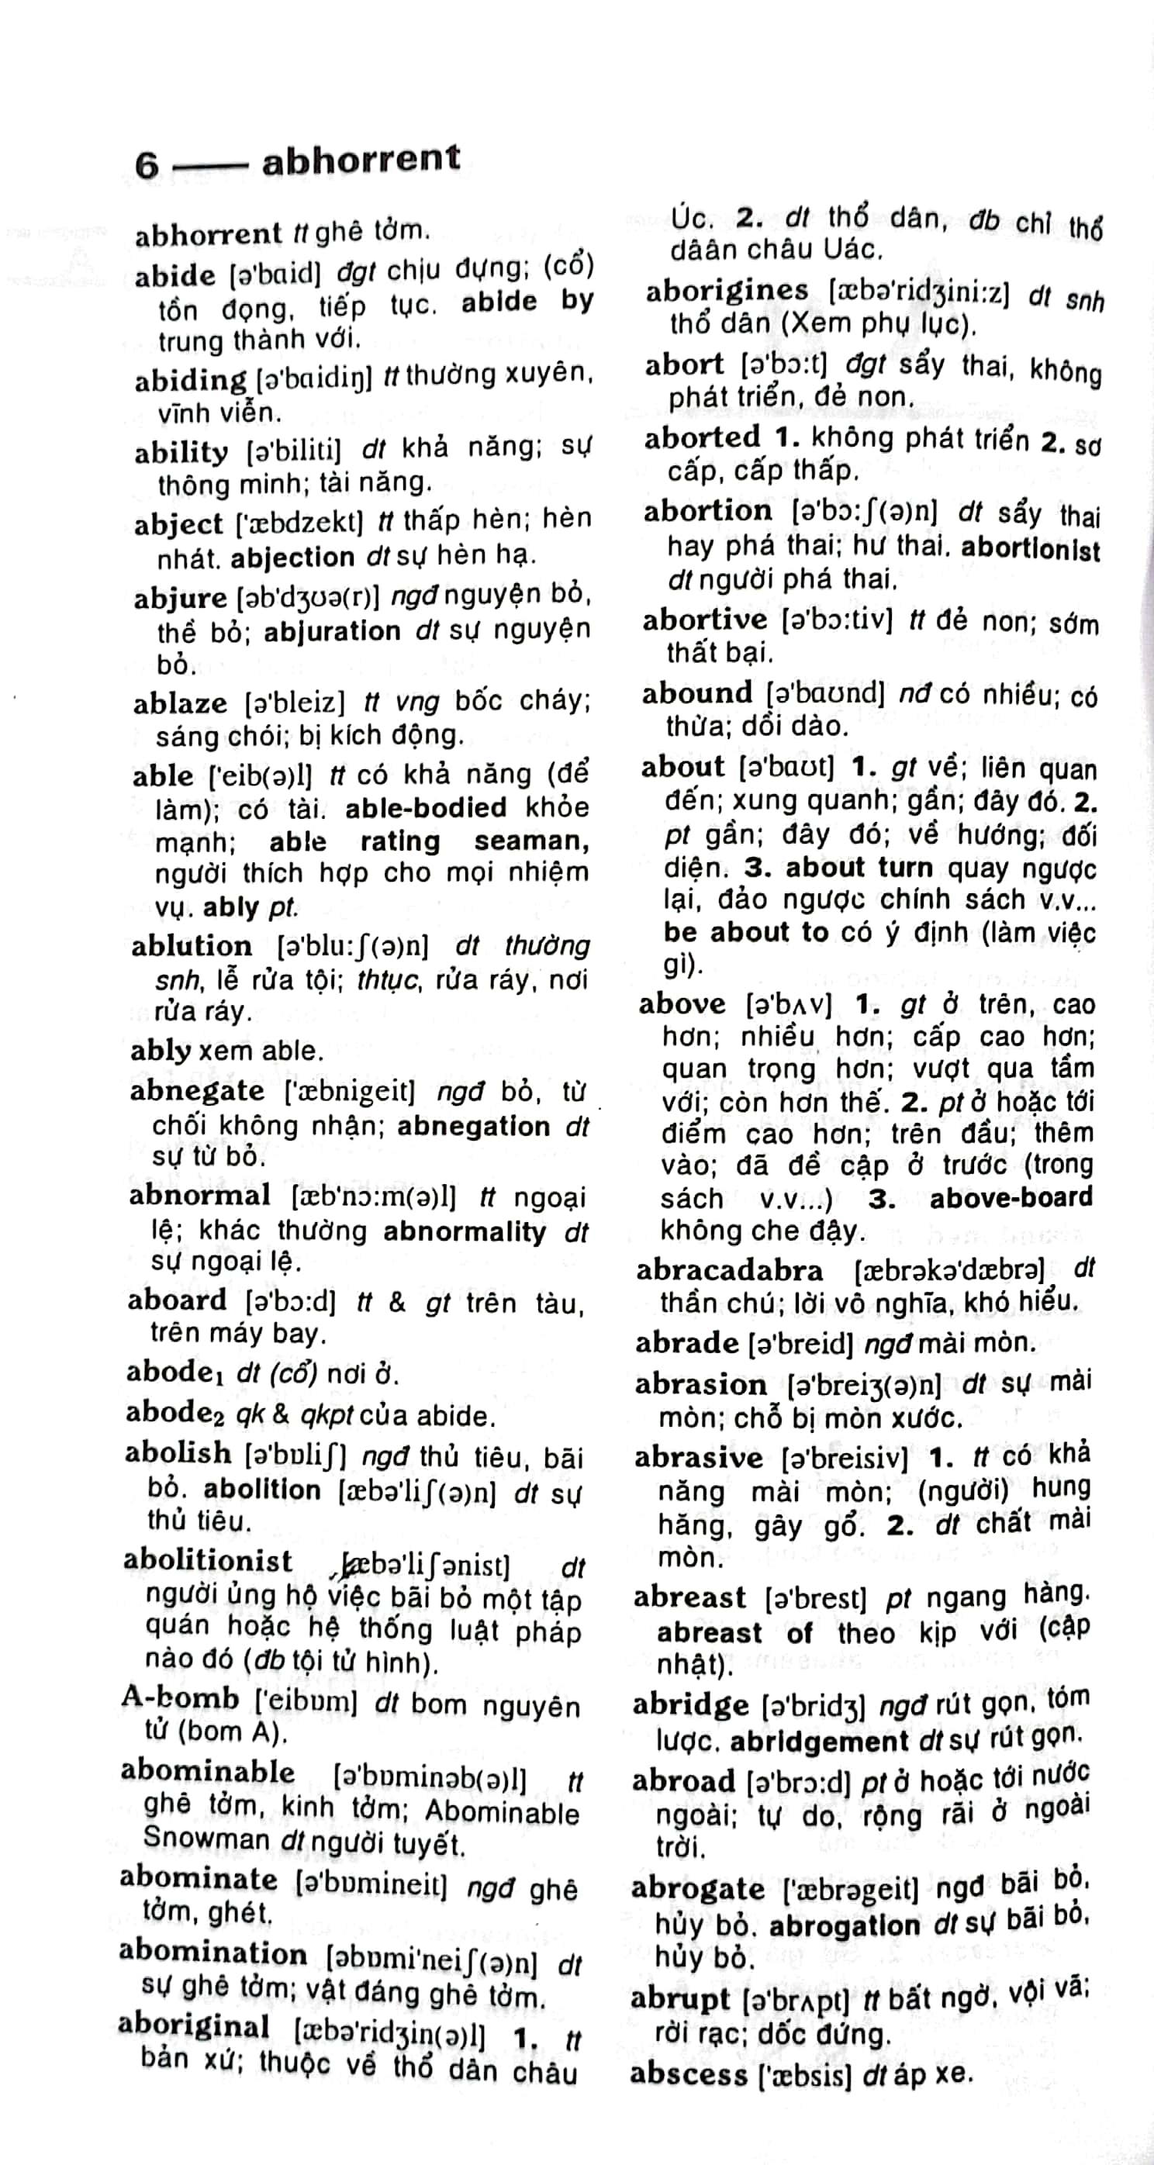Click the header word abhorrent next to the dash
coord(361,160)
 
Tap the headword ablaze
coord(180,703)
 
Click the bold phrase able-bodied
coord(426,808)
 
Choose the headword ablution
coord(192,946)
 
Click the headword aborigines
coord(726,291)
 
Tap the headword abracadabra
coord(729,1270)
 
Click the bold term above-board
coord(1011,1197)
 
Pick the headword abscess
coord(689,2074)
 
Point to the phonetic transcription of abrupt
coord(795,2001)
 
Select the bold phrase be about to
coord(745,932)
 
